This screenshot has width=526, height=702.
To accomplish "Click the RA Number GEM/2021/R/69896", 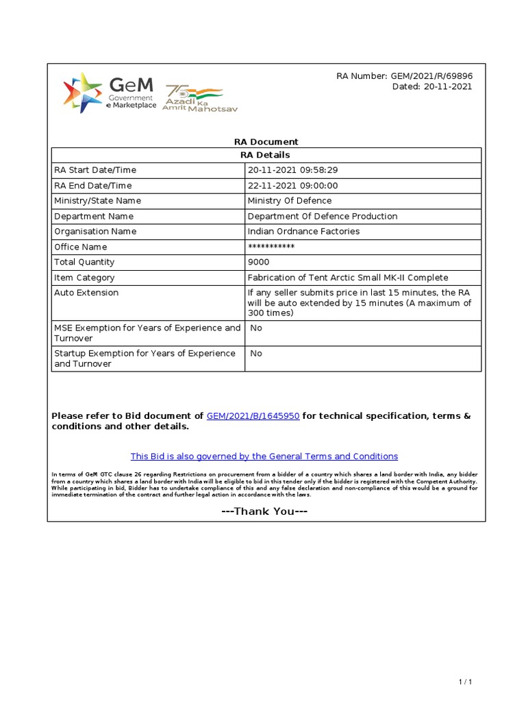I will click(404, 76).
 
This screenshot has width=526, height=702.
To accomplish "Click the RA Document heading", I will click(266, 142).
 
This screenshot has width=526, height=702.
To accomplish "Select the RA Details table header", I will click(266, 155).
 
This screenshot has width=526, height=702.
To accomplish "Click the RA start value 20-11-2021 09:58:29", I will click(292, 170).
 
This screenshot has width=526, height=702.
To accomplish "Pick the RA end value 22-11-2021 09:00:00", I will click(292, 186).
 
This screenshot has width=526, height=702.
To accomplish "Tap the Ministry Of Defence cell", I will click(289, 201).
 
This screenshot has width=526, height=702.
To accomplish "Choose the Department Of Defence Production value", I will click(322, 217).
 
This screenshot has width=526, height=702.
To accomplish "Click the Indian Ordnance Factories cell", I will click(303, 232).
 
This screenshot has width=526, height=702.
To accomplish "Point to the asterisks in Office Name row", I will click(271, 247).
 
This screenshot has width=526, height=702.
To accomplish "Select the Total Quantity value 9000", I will click(258, 263).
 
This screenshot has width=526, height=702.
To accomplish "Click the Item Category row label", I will click(84, 278).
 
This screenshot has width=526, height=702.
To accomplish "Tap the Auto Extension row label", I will click(86, 293).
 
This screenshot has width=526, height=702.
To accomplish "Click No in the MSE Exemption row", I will click(256, 328).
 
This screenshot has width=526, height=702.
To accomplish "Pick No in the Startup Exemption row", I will click(256, 354).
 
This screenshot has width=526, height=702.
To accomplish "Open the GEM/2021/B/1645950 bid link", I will click(253, 416).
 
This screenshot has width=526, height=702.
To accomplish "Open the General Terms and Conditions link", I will click(264, 457).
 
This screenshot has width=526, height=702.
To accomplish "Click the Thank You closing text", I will click(264, 511).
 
